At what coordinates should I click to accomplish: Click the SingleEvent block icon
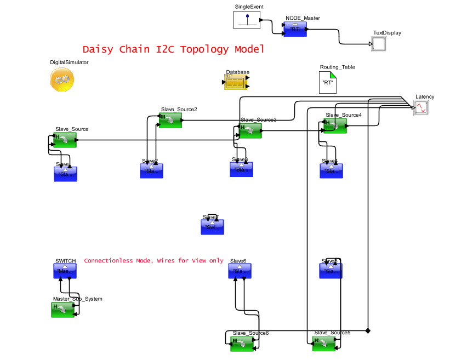(247, 20)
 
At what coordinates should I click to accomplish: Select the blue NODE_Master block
(295, 30)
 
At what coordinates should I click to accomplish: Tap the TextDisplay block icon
(379, 44)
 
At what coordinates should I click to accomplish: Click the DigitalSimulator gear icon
(62, 80)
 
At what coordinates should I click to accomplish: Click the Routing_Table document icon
(328, 82)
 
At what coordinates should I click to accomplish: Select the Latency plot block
(421, 107)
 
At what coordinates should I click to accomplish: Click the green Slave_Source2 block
(170, 120)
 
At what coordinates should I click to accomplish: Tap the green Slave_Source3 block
(250, 130)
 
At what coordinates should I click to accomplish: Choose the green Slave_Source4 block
(335, 125)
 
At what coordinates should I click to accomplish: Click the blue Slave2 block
(151, 170)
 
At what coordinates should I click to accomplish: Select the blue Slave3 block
(241, 169)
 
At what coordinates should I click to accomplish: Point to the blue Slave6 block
(241, 271)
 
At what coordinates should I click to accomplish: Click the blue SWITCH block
(65, 271)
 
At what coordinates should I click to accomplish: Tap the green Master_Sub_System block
(62, 310)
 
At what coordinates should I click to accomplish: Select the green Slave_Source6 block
(243, 344)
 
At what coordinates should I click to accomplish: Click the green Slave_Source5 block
(323, 344)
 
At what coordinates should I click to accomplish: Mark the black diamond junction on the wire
(368, 330)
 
